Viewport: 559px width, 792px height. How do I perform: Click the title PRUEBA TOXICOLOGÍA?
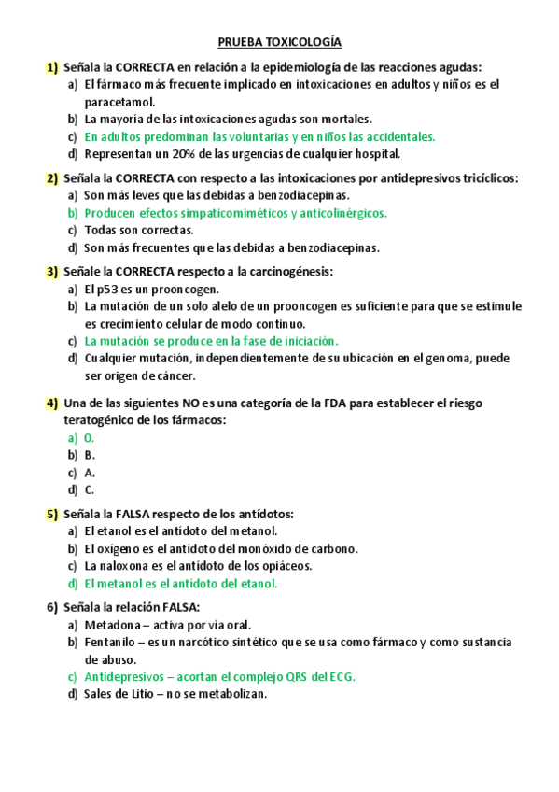[279, 43]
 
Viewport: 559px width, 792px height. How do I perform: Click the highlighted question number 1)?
[52, 67]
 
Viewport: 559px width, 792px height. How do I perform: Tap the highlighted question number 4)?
[52, 403]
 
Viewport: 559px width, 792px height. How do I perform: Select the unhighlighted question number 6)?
[52, 607]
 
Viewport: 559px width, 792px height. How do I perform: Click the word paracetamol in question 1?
[119, 102]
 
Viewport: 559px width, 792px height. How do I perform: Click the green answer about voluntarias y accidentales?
[259, 136]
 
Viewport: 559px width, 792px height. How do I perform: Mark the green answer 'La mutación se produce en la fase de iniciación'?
[211, 341]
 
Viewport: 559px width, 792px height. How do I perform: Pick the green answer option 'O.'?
[90, 438]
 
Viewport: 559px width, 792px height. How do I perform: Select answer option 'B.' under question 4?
[90, 455]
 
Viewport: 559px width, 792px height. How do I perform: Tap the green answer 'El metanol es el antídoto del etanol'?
[181, 583]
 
